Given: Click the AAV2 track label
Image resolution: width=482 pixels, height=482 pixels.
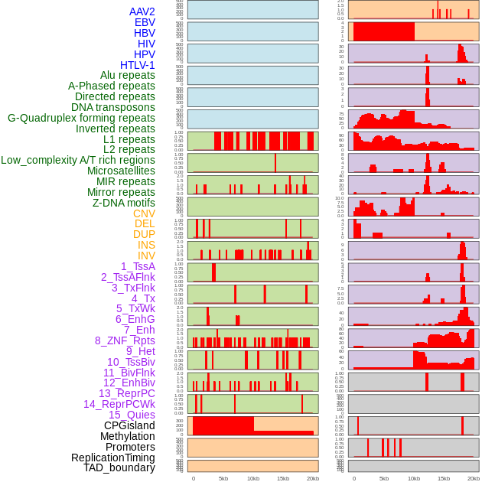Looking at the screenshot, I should pos(142,12).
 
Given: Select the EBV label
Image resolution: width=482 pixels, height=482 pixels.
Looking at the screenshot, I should pos(145,23).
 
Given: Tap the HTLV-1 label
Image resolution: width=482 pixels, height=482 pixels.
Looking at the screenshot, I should pos(137,65).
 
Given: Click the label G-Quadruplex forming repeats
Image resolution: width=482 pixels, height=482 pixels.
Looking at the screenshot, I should pos(81,118).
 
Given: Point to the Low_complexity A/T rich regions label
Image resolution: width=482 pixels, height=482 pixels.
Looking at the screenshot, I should pos(78,160).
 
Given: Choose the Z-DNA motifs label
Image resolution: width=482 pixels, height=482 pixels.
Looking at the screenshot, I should pos(124,203).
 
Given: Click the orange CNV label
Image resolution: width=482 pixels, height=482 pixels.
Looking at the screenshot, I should pos(144,213).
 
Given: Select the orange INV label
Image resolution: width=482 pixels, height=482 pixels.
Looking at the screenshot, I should pos(146,256).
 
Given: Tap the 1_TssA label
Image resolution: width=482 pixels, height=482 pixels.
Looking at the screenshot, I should pos(138,266).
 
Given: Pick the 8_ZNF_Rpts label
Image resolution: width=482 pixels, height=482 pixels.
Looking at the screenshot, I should pos(125,340).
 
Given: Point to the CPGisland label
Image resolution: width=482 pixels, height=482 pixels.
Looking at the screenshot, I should pos(129,425).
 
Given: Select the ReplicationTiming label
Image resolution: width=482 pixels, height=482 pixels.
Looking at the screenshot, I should pos(113,458).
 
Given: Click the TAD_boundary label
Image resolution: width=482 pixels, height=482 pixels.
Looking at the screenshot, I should pos(119,467).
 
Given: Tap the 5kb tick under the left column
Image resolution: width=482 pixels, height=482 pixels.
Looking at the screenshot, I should pos(223,478).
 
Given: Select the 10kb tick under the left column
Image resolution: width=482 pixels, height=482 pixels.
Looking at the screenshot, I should pos(253,478).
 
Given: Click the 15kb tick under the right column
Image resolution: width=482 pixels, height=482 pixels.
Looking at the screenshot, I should pos(443,478).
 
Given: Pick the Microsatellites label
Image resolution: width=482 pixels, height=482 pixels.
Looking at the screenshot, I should pos(121,171).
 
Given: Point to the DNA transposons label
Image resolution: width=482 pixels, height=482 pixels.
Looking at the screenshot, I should pos(113,107).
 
